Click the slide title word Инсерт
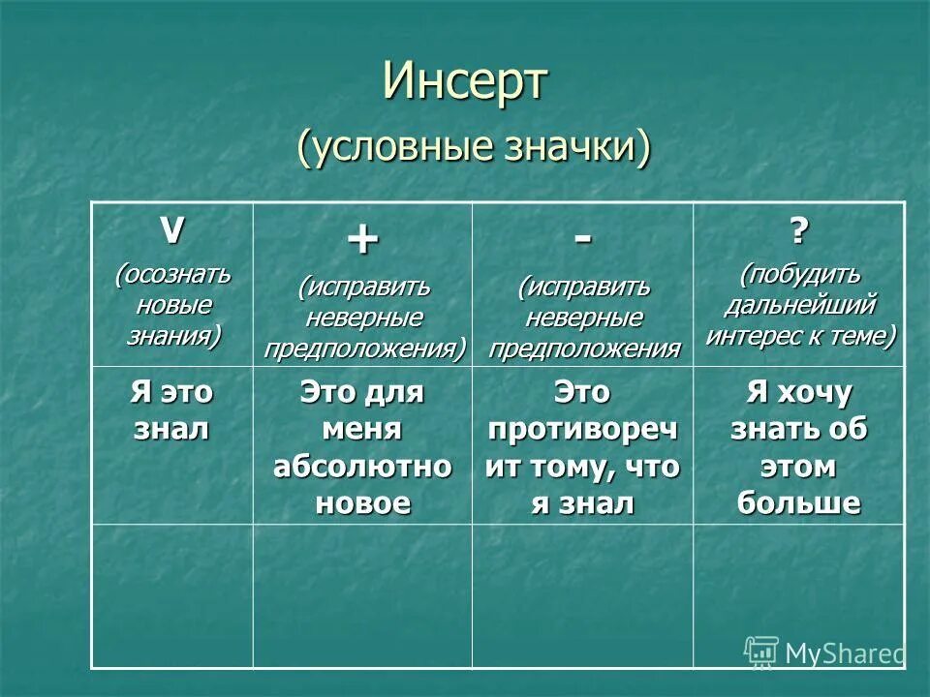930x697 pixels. [x=465, y=81]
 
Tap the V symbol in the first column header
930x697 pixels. [x=171, y=229]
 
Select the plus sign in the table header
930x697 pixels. [x=362, y=240]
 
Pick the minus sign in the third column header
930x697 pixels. [x=582, y=237]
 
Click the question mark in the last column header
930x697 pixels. [x=799, y=231]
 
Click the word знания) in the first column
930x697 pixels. [x=172, y=336]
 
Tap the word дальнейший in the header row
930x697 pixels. [x=800, y=305]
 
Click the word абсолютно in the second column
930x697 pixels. [x=362, y=467]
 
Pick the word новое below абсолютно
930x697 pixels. [x=362, y=503]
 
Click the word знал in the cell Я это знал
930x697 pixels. [x=171, y=429]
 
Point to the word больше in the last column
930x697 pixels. [x=799, y=503]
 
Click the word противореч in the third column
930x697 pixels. [x=582, y=429]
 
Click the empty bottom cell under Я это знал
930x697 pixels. [x=171, y=595]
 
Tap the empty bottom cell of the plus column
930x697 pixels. [x=362, y=595]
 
